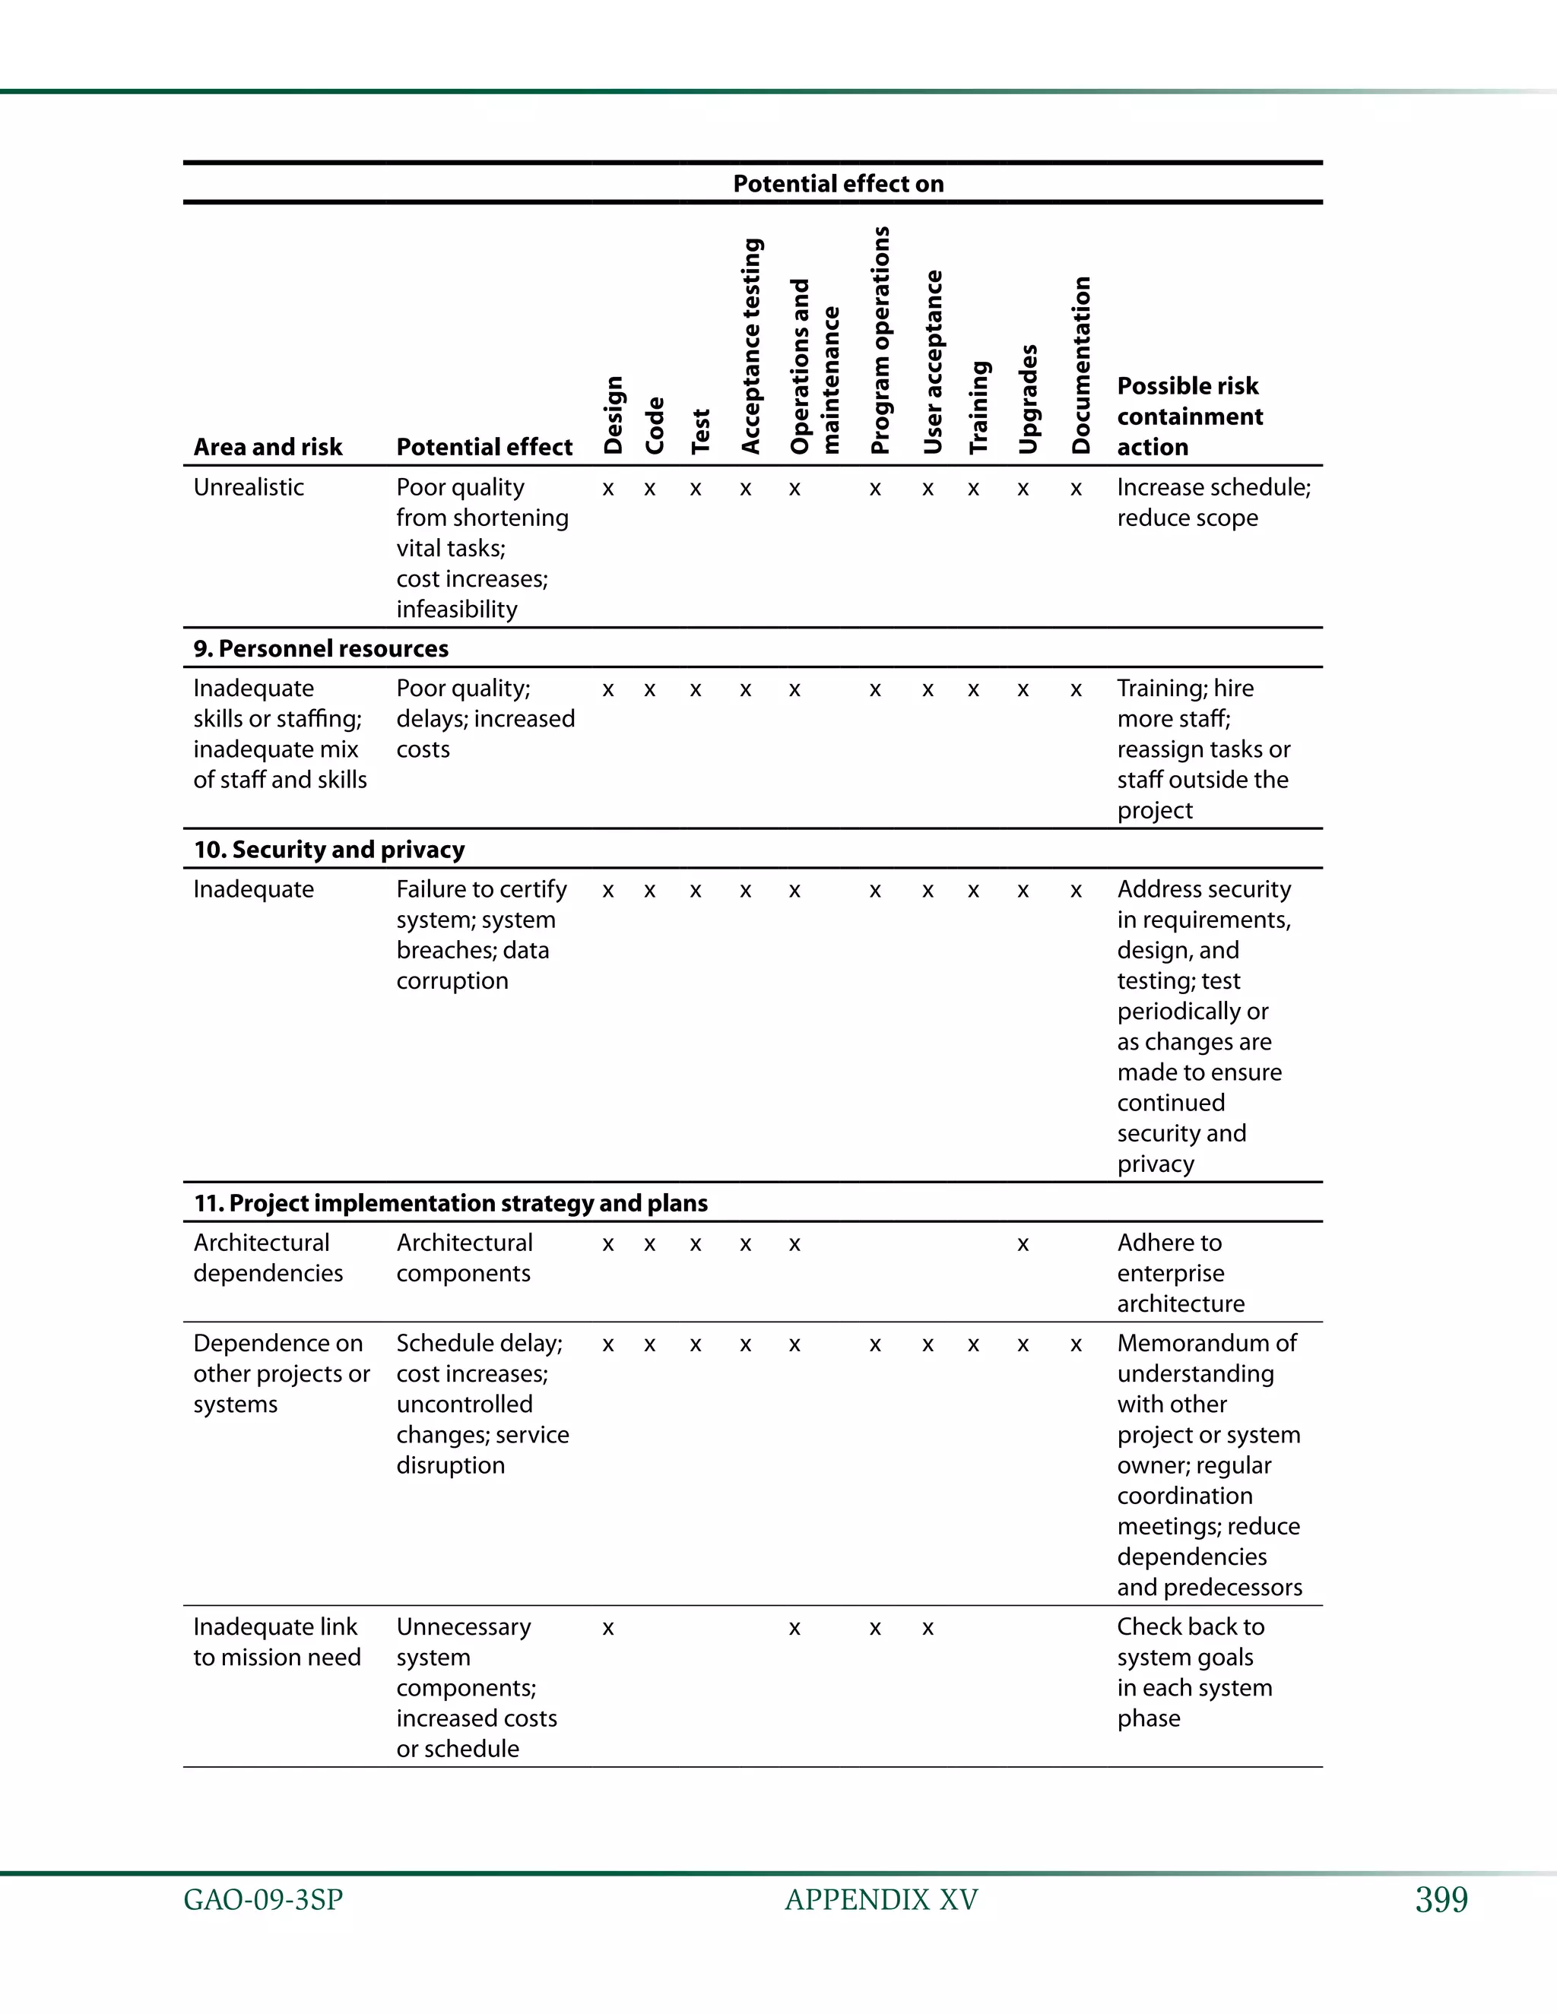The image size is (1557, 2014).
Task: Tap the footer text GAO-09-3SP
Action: pyautogui.click(x=263, y=1901)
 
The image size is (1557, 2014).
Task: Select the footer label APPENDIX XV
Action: pyautogui.click(x=881, y=1901)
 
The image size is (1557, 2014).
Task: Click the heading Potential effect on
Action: pyautogui.click(x=838, y=183)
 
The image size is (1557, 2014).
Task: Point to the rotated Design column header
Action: pyautogui.click(x=614, y=415)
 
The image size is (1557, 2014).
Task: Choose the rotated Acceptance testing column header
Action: pyautogui.click(x=752, y=346)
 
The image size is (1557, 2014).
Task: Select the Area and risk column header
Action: pyautogui.click(x=268, y=447)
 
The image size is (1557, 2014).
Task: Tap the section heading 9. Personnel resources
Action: pyautogui.click(x=320, y=648)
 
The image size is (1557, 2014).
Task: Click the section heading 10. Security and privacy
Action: pyautogui.click(x=328, y=850)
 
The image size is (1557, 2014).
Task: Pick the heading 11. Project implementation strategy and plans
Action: pyautogui.click(x=450, y=1203)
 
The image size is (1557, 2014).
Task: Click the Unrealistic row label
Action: pyautogui.click(x=248, y=487)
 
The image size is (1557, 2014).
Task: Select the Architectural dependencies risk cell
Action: pyautogui.click(x=268, y=1258)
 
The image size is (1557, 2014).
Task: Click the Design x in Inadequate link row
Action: pyautogui.click(x=608, y=1629)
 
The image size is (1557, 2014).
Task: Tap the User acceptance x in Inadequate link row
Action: pyautogui.click(x=928, y=1629)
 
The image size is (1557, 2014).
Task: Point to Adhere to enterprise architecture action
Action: pyautogui.click(x=1181, y=1274)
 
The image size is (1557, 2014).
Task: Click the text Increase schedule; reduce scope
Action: pyautogui.click(x=1212, y=502)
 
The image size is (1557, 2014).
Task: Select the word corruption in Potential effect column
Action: pyautogui.click(x=452, y=981)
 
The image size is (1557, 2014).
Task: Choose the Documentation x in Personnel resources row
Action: pyautogui.click(x=1076, y=690)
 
